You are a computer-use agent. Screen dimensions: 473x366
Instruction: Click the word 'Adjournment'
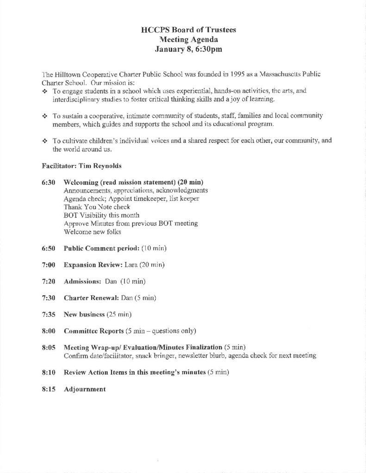point(85,389)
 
